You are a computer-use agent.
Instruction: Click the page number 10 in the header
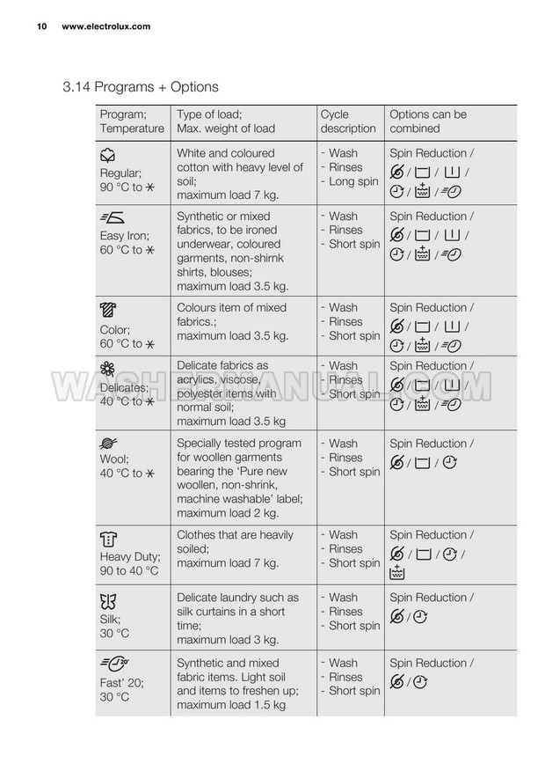coord(40,26)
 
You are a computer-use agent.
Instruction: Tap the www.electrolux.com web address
coord(105,26)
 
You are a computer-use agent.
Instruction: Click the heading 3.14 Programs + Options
coord(141,87)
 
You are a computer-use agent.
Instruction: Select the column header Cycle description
coord(348,121)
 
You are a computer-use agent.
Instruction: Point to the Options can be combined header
coord(428,121)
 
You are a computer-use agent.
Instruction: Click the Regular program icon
coord(108,156)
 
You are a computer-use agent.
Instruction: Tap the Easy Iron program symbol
coord(112,219)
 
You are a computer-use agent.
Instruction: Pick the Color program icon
coord(108,311)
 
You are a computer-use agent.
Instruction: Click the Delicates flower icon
coord(108,368)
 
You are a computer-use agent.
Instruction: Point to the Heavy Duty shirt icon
coord(109,538)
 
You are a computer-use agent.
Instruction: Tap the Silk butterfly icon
coord(108,601)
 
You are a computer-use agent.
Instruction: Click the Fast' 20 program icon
coord(114,665)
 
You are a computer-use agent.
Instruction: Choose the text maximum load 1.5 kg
coord(231,705)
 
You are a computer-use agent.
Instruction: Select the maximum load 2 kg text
coord(228,513)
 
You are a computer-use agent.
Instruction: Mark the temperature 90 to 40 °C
coord(129,571)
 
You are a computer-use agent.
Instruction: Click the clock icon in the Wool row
coord(450,462)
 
